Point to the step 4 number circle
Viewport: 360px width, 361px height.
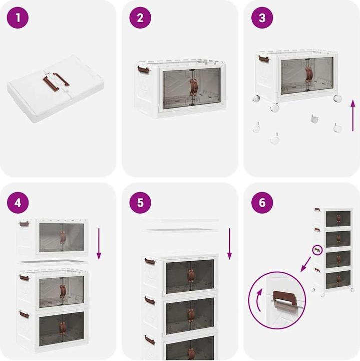(18, 203)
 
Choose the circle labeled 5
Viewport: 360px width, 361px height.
(140, 203)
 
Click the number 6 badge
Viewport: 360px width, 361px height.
(262, 203)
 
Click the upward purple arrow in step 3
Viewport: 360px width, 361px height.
(352, 115)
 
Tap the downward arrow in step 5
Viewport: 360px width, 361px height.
(230, 244)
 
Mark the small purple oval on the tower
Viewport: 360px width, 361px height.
(316, 249)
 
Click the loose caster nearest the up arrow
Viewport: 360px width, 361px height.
(337, 127)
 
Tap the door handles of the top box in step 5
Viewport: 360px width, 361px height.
(190, 276)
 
